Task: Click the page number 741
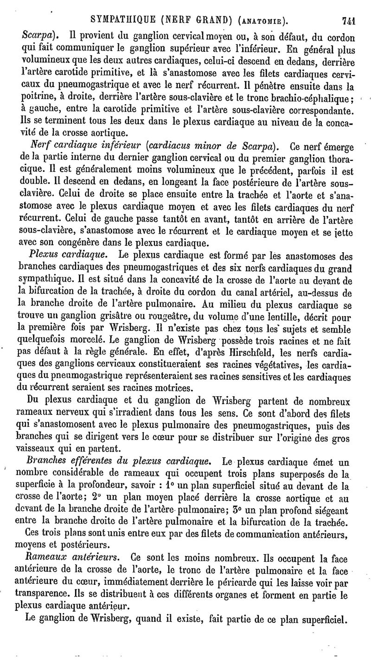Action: click(348, 21)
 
